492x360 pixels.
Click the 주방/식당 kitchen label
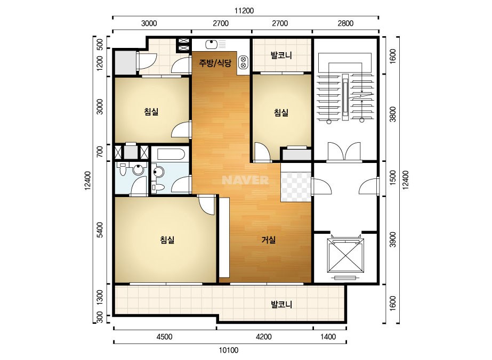215,63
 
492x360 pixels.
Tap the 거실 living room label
269,240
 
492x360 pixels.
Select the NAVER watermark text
245,180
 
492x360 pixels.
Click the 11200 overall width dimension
244,11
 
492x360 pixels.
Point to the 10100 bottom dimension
229,350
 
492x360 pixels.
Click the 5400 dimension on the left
100,230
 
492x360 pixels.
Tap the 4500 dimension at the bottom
164,337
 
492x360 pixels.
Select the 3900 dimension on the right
393,240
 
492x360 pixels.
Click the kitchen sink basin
211,45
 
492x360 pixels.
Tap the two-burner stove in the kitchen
243,62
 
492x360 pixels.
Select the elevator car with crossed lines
345,256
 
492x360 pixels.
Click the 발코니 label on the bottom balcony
281,304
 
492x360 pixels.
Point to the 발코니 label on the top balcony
281,55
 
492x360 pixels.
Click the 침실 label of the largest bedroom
167,240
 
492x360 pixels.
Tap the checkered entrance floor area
296,187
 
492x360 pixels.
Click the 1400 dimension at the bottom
328,337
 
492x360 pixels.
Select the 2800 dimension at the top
345,23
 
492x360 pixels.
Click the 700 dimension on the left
100,152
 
